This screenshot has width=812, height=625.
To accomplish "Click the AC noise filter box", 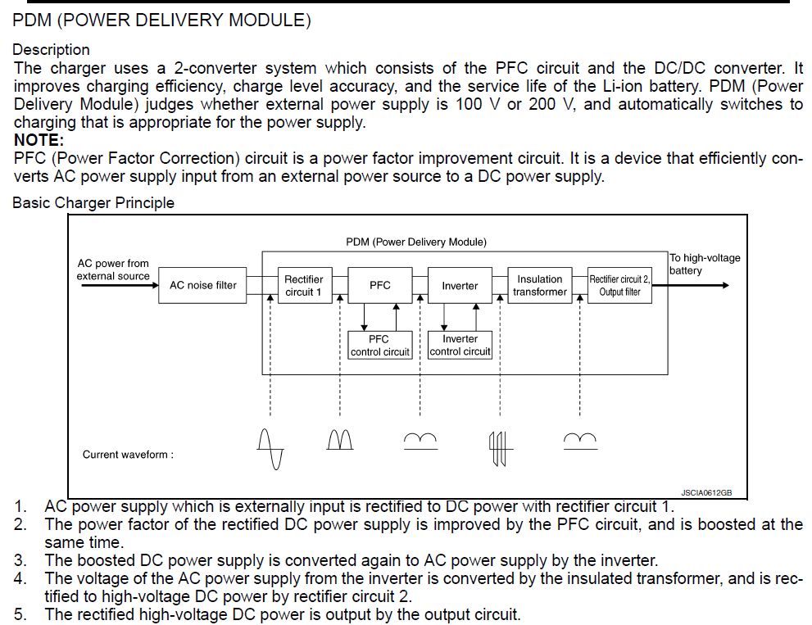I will tap(202, 286).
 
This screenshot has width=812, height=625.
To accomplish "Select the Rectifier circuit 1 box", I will tap(303, 286).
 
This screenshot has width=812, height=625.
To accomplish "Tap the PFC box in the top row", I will tap(379, 286).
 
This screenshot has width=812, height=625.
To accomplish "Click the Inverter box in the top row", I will tap(459, 286).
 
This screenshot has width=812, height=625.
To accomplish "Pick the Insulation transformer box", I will tap(539, 286).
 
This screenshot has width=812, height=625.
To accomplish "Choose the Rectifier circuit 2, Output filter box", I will tap(619, 286).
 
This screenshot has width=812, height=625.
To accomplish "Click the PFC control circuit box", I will tap(379, 345).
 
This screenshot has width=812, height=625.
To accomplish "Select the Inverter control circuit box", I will tap(460, 345).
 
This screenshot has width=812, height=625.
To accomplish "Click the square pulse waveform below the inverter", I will tap(500, 446).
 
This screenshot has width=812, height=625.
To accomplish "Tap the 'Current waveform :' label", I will tap(128, 455).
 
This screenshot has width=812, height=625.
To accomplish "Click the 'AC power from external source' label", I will tap(113, 269).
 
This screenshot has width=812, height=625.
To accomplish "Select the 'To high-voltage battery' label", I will tap(704, 264).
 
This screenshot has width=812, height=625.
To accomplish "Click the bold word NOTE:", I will tap(39, 140).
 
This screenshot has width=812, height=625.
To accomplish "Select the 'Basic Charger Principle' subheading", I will tap(93, 202).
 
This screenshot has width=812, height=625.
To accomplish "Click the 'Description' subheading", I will tap(51, 50).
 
